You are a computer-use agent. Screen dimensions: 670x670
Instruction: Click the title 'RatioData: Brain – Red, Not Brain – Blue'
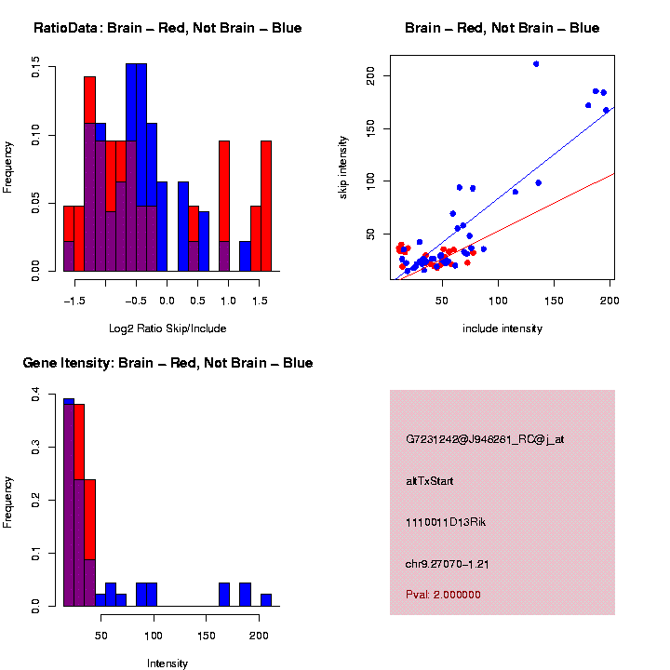(167, 28)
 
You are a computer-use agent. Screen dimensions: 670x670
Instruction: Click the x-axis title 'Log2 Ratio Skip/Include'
(167, 328)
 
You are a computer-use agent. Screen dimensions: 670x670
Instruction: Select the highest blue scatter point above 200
(536, 64)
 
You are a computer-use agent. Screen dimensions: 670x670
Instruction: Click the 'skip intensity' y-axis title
(343, 170)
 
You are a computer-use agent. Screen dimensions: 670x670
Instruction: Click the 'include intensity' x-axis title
(502, 328)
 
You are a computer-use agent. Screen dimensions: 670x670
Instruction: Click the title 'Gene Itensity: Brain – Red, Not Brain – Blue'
(167, 363)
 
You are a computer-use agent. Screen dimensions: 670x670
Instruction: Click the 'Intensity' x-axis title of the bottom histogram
(167, 663)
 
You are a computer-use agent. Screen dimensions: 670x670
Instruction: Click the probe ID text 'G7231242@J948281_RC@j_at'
(485, 439)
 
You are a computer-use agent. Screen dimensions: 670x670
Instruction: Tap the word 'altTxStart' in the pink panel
(430, 481)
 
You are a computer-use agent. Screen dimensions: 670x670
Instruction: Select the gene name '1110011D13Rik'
(446, 522)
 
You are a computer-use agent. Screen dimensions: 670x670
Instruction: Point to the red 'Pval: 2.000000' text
(444, 595)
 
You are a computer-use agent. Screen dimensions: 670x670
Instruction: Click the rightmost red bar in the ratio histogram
(266, 205)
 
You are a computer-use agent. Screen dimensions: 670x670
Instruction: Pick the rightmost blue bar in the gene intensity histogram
(265, 600)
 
